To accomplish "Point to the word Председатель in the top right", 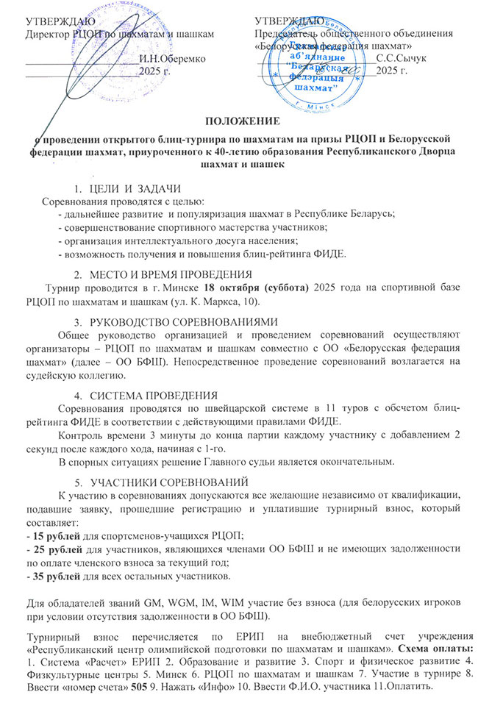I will coord(288,33).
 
